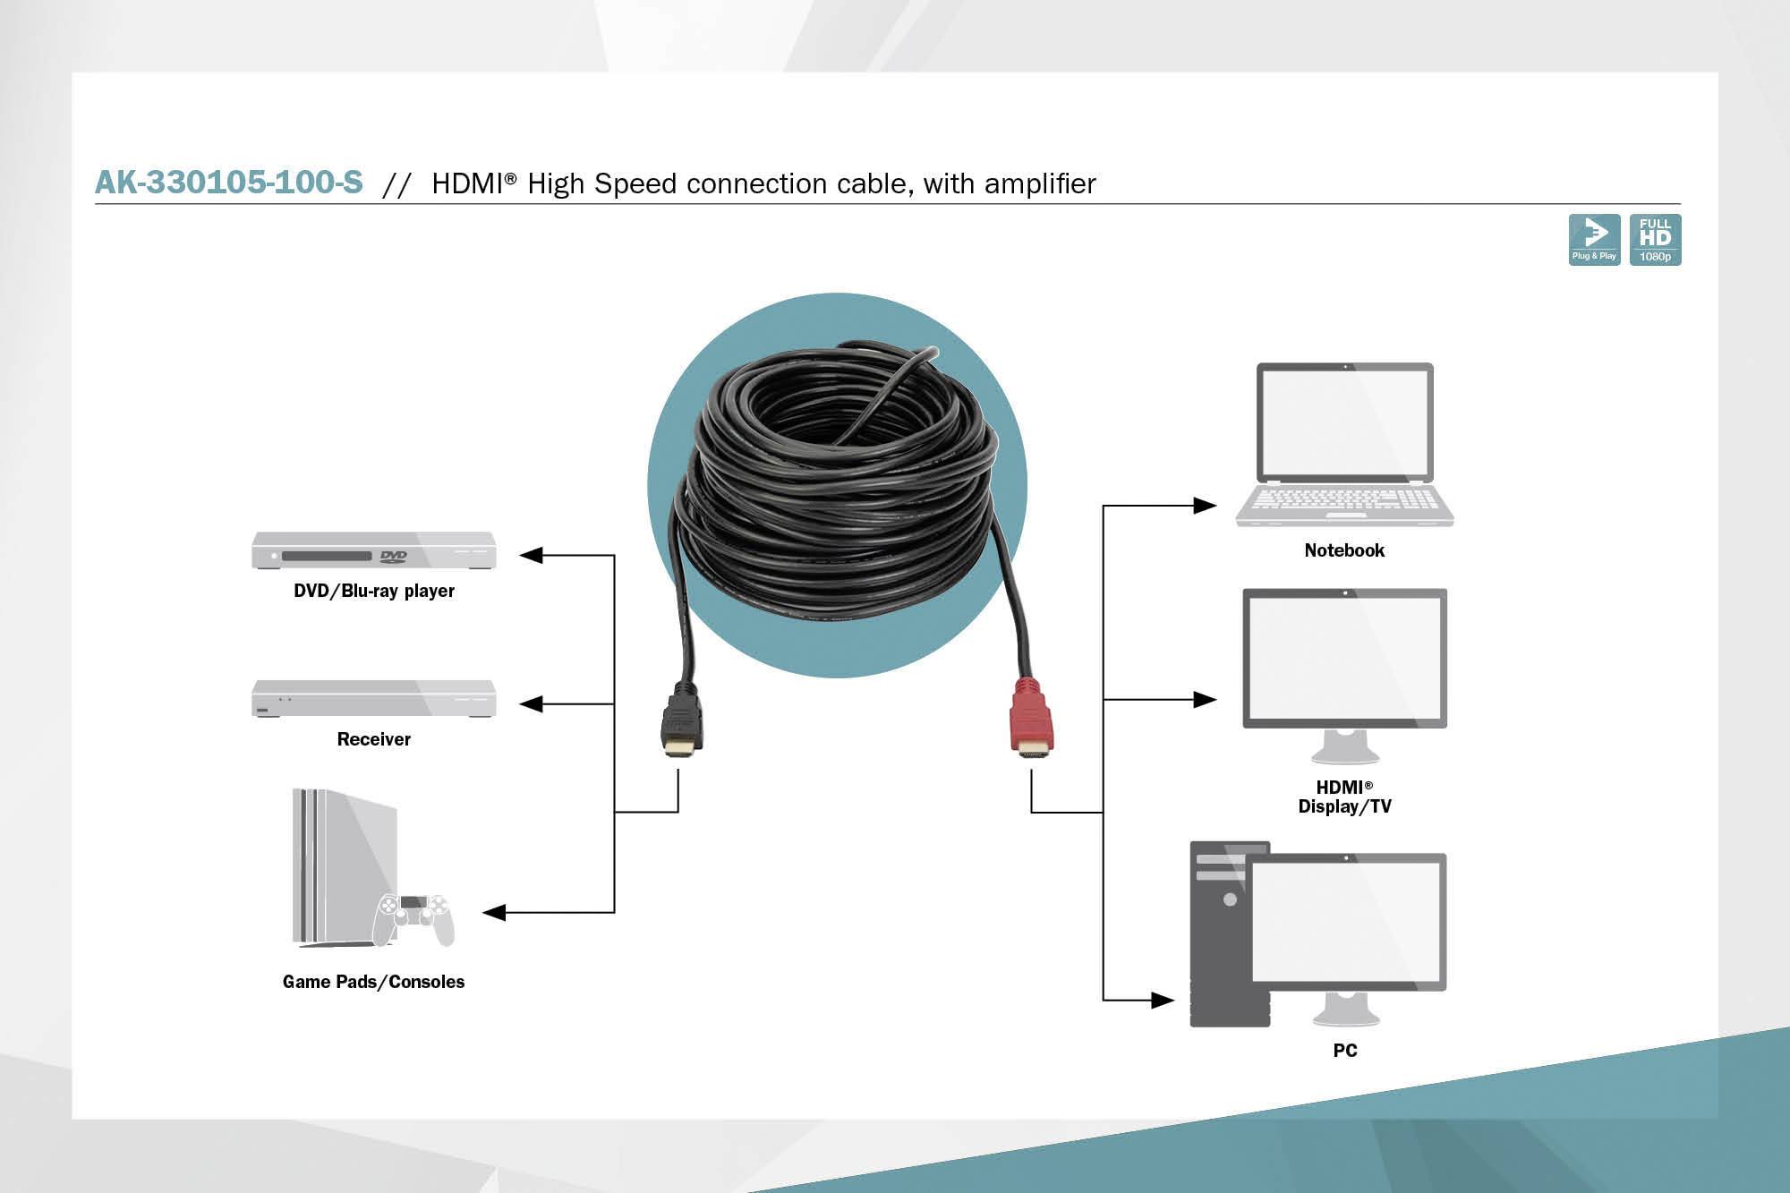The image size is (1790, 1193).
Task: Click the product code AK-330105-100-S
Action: click(229, 183)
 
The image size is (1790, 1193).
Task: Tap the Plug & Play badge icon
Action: click(1594, 239)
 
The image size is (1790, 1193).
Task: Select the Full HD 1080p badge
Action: click(1655, 239)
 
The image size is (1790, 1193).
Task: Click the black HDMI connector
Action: click(682, 721)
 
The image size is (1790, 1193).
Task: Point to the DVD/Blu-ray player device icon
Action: click(373, 550)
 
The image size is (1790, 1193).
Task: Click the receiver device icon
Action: click(373, 699)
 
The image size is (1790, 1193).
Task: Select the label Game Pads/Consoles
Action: click(373, 982)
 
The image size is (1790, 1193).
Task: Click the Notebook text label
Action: click(1344, 550)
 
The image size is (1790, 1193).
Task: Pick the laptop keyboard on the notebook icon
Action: click(1344, 499)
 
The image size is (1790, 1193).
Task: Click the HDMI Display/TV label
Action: click(1344, 797)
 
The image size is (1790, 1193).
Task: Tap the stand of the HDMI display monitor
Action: click(1344, 746)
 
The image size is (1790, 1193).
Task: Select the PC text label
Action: click(1344, 1051)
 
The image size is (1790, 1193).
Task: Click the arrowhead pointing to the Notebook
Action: click(1205, 506)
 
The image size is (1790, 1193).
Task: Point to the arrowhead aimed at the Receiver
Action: click(532, 704)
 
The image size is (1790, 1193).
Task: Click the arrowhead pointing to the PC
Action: click(1162, 1000)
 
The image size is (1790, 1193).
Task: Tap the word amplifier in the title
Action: click(1040, 183)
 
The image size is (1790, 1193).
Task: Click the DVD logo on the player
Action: click(393, 556)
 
